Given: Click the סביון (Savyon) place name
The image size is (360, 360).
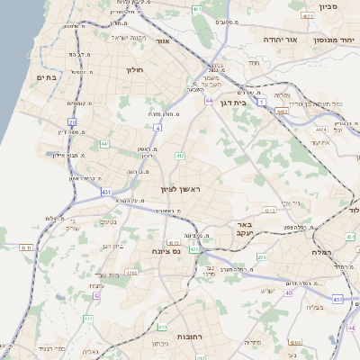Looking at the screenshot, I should pyautogui.click(x=327, y=6).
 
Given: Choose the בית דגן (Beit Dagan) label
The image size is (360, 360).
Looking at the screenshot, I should pyautogui.click(x=232, y=103).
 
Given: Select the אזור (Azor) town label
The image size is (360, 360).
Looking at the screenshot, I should pyautogui.click(x=163, y=40).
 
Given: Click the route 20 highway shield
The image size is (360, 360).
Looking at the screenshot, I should pyautogui.click(x=72, y=121).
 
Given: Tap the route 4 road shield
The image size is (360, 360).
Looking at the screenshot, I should pyautogui.click(x=157, y=128).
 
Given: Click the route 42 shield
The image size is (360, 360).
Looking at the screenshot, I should pyautogui.click(x=95, y=295).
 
